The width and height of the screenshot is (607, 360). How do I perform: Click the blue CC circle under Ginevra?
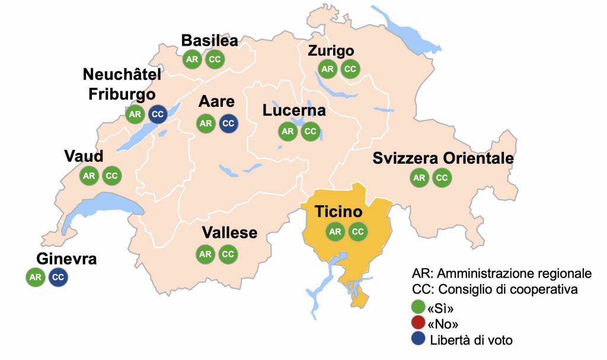pyautogui.click(x=58, y=277)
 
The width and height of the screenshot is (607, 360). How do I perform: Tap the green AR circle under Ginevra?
pyautogui.click(x=36, y=277)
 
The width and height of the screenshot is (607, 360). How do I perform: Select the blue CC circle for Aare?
pyautogui.click(x=228, y=123)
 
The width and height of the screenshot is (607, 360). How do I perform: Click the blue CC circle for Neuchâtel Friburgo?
pyautogui.click(x=157, y=114)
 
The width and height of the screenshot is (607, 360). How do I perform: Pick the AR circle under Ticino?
pyautogui.click(x=335, y=231)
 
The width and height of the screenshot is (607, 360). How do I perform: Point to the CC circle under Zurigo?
pyautogui.click(x=350, y=69)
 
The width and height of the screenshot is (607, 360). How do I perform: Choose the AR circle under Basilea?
pyautogui.click(x=191, y=59)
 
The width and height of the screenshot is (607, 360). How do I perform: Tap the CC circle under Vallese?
pyautogui.click(x=228, y=254)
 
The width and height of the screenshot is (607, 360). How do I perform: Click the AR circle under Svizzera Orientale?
pyautogui.click(x=419, y=177)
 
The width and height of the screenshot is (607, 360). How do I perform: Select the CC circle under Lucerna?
pyautogui.click(x=310, y=131)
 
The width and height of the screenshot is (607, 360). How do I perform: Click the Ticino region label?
pyautogui.click(x=338, y=212)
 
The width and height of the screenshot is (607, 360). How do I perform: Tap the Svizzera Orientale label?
pyautogui.click(x=443, y=159)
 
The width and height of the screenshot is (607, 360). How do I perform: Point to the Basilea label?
pyautogui.click(x=209, y=40)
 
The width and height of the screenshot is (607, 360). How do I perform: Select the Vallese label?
pyautogui.click(x=229, y=232)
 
